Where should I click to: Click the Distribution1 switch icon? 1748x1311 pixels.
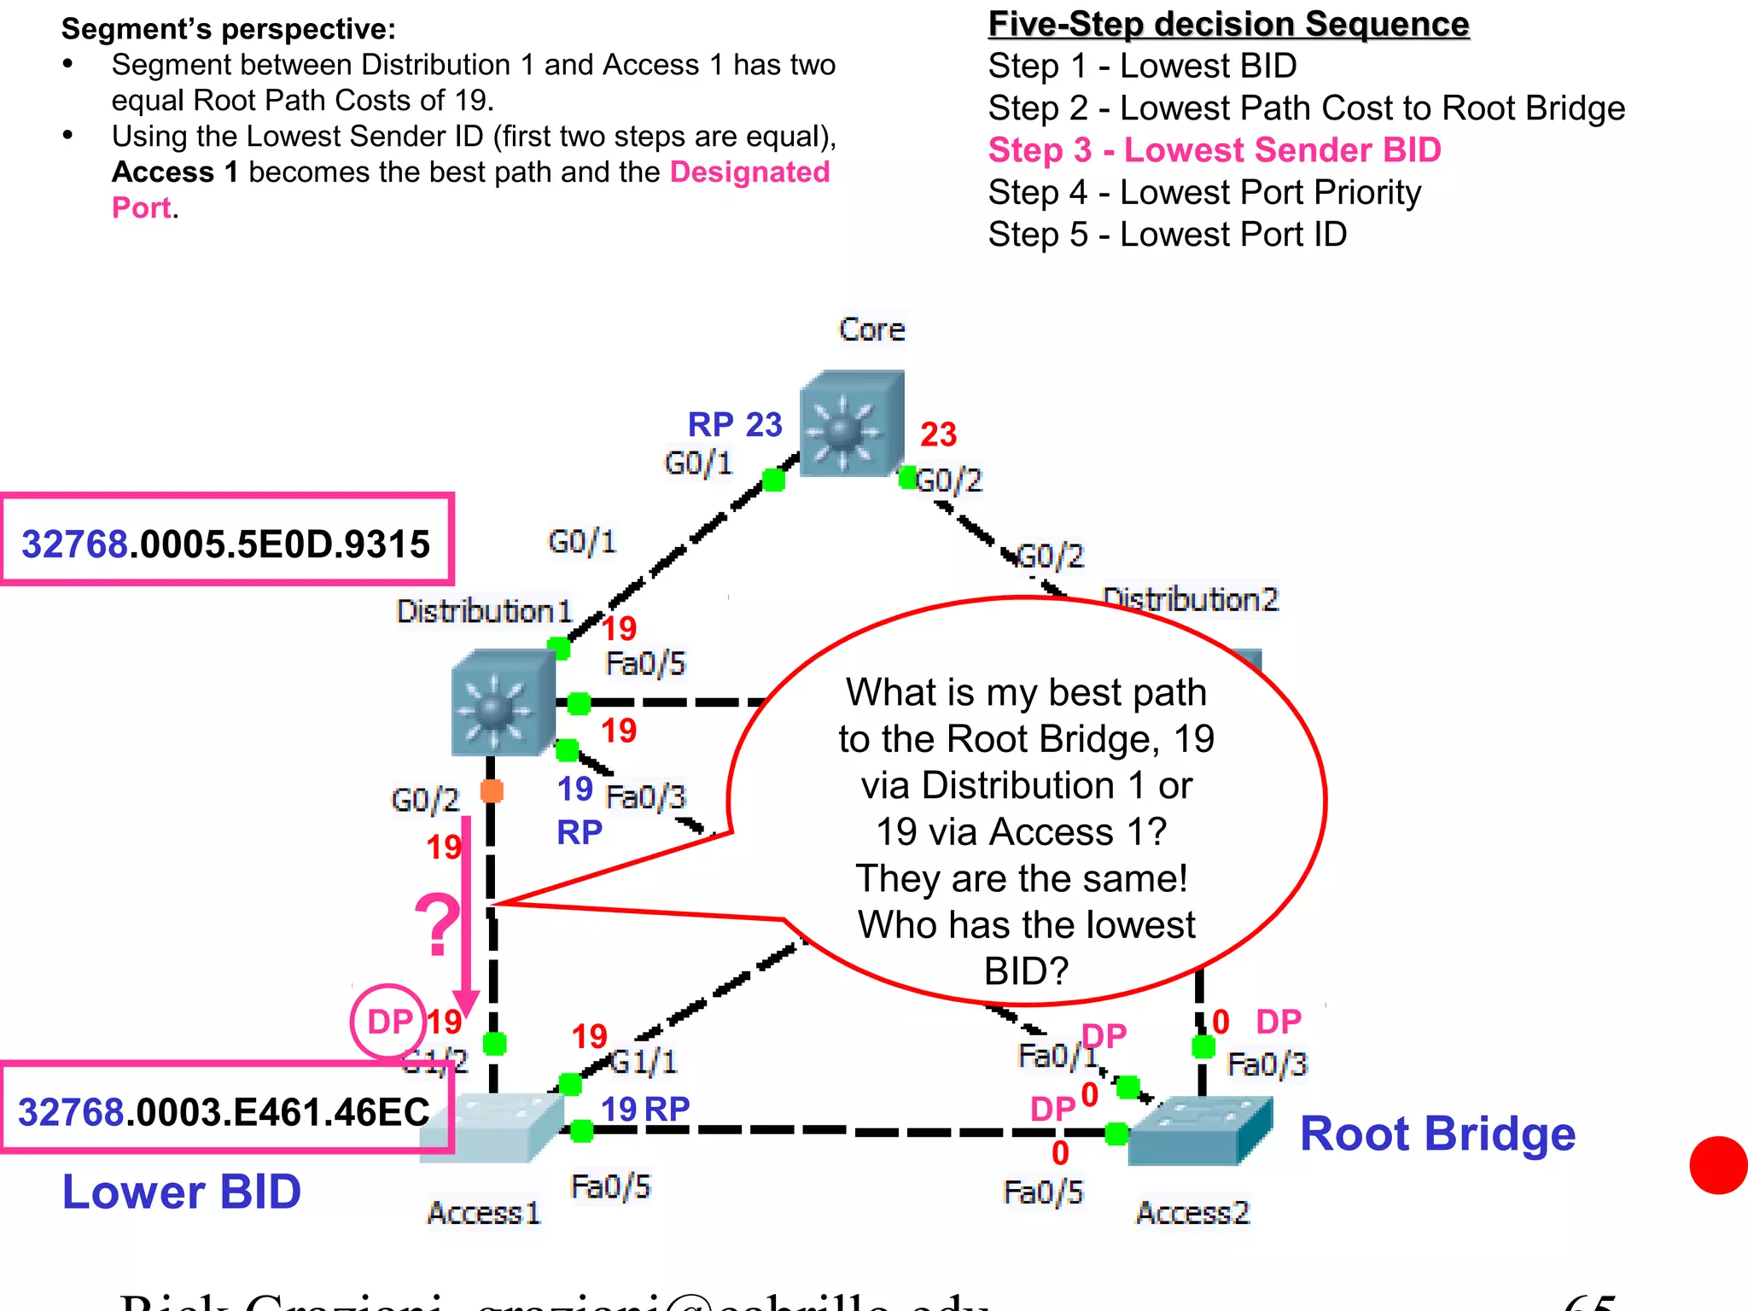pyautogui.click(x=503, y=702)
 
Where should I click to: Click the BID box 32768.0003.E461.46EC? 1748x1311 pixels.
pyautogui.click(x=224, y=1110)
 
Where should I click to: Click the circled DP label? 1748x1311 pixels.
pyautogui.click(x=389, y=1021)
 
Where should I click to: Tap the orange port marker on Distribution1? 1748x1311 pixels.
pyautogui.click(x=492, y=791)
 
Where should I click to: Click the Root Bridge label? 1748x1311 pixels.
pyautogui.click(x=1436, y=1133)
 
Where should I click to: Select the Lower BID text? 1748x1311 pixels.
pyautogui.click(x=182, y=1192)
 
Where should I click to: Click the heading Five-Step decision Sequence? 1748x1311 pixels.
pyautogui.click(x=1228, y=24)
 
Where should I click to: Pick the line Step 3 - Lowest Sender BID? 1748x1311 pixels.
pyautogui.click(x=1214, y=150)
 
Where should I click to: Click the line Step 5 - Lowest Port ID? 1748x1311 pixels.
pyautogui.click(x=1167, y=235)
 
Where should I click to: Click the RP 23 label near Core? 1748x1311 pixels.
pyautogui.click(x=734, y=424)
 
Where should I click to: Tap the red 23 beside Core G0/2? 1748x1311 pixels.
pyautogui.click(x=938, y=434)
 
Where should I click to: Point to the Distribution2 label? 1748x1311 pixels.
pyautogui.click(x=1190, y=599)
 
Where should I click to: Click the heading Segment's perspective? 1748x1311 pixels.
pyautogui.click(x=229, y=29)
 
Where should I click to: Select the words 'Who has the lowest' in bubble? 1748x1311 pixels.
pyautogui.click(x=1026, y=924)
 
